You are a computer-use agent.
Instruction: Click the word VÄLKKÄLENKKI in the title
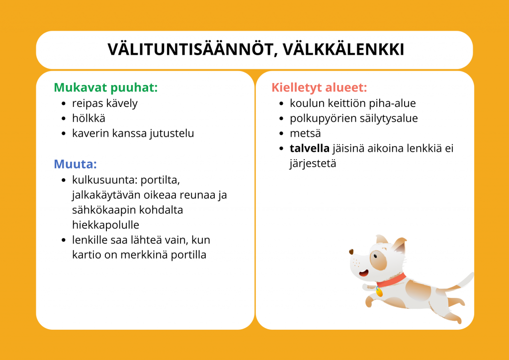tap(343, 50)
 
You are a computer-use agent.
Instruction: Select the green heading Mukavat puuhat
tap(105, 88)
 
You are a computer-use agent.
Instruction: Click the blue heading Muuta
tap(76, 164)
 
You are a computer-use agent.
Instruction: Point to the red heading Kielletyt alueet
tap(319, 88)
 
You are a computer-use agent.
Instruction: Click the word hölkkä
tap(88, 118)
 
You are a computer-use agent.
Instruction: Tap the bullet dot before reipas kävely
tap(63, 103)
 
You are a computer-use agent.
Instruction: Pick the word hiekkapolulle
tap(105, 225)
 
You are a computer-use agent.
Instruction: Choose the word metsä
tap(305, 133)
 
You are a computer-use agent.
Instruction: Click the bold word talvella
tap(309, 148)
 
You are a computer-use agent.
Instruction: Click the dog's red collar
tap(391, 280)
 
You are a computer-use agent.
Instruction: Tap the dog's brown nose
tap(351, 252)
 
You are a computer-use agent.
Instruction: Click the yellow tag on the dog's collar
tap(379, 292)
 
